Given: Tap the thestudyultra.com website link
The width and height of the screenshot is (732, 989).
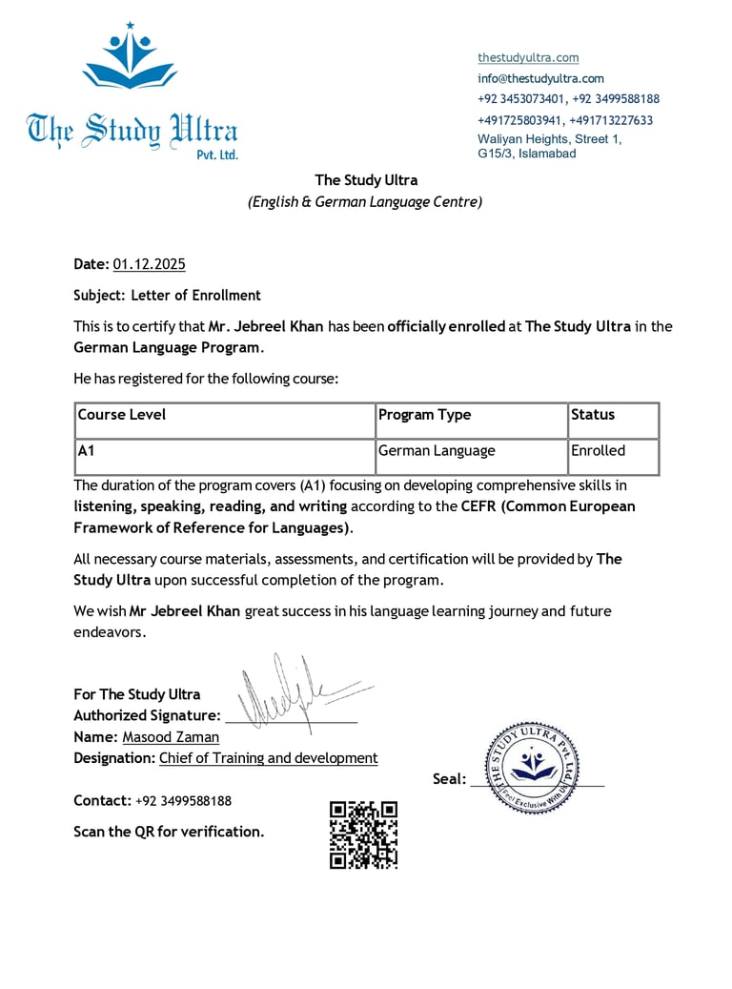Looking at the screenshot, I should (528, 58).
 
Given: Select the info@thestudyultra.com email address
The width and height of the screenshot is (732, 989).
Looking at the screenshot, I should (540, 79).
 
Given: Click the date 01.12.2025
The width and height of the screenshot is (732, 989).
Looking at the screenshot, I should (149, 264).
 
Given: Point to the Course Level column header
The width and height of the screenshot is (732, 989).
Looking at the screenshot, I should (122, 415).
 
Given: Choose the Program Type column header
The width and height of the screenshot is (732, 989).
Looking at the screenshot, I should (425, 415).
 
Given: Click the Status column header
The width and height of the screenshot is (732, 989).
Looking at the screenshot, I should (593, 415).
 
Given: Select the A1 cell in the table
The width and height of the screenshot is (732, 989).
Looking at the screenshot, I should (86, 451).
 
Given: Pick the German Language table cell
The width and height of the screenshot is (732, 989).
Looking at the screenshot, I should (437, 451).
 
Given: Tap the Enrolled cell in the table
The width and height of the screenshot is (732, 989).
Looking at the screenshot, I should (598, 451).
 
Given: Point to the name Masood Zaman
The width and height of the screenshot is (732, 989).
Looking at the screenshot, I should (171, 737).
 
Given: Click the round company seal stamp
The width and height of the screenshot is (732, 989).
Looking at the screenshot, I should (533, 767).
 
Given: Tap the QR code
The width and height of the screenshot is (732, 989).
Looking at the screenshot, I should (363, 834).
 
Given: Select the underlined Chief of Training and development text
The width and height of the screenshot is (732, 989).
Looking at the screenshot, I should (268, 758).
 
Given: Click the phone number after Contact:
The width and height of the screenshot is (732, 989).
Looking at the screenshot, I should (183, 801).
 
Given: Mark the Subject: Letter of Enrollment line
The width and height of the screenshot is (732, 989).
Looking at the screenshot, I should (167, 296).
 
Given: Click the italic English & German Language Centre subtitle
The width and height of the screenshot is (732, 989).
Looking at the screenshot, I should (365, 202).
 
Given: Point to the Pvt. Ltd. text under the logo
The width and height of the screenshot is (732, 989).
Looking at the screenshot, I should (216, 155).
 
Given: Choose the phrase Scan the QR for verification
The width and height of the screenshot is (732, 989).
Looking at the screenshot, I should (169, 832).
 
